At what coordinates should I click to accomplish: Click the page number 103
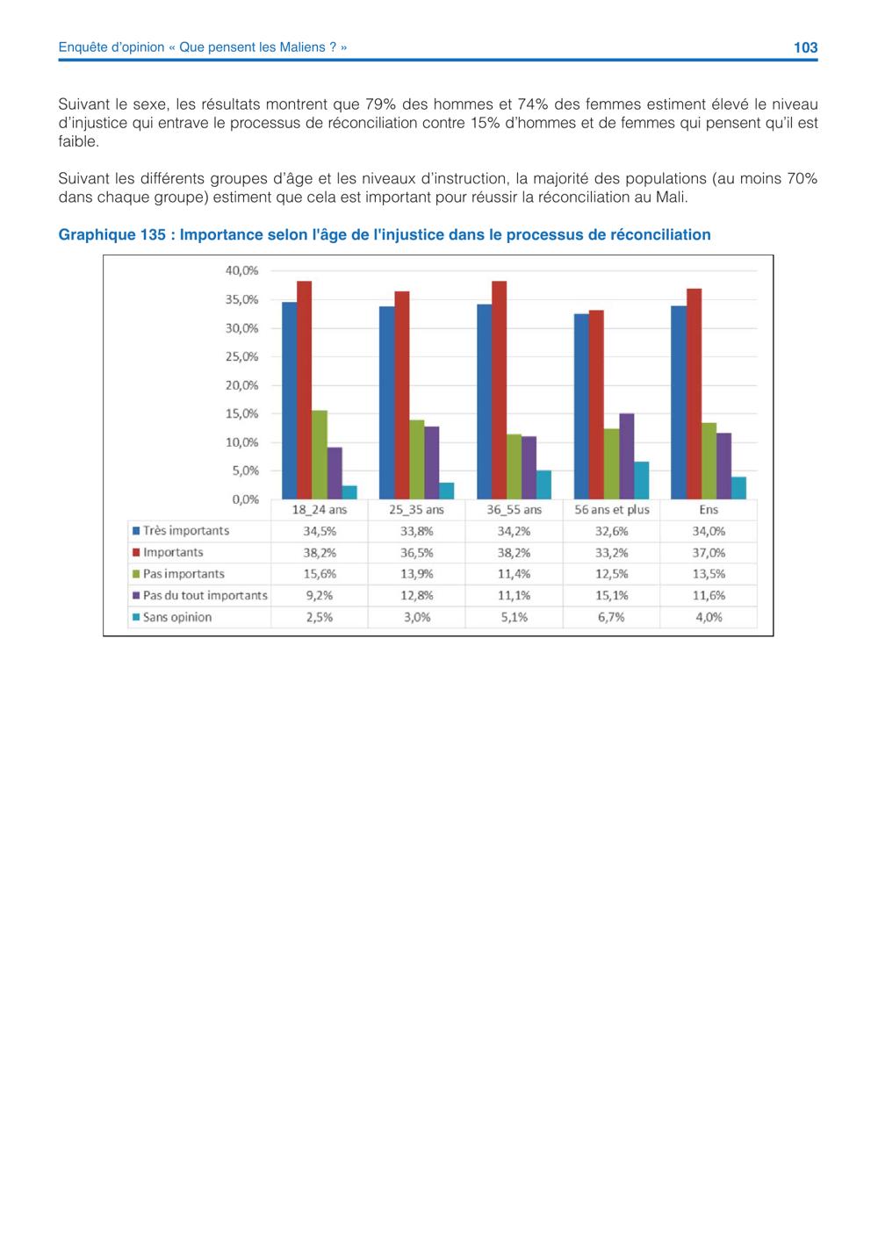point(805,47)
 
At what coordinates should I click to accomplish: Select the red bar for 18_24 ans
point(305,390)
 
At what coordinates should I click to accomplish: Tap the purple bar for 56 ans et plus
point(626,456)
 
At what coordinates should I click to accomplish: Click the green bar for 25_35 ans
point(417,459)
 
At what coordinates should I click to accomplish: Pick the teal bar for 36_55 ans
point(543,484)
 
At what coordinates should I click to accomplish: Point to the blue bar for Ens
point(679,402)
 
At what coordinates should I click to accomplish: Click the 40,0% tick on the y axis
point(241,271)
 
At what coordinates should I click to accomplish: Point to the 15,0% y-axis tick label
point(241,414)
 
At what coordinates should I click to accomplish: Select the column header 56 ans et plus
point(611,510)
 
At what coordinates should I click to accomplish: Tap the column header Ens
point(709,510)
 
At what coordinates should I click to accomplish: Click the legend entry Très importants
point(181,531)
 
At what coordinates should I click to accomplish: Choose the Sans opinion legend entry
point(172,617)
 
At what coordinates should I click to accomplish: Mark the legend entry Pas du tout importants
point(199,596)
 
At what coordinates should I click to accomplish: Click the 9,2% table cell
point(320,596)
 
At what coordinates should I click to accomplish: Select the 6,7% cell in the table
point(611,617)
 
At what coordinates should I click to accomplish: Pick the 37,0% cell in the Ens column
point(709,552)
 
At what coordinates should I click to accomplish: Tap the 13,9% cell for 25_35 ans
point(417,574)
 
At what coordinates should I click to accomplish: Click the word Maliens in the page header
point(302,47)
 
